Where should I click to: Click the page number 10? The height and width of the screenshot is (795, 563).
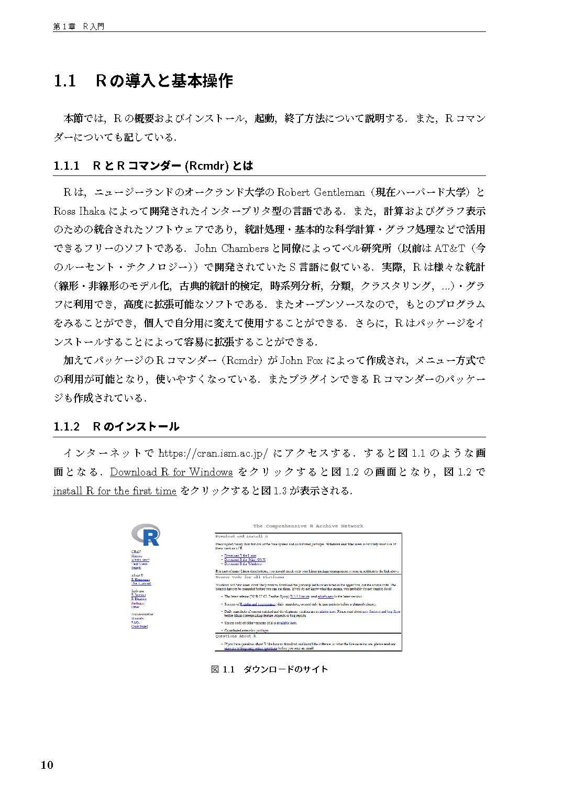click(x=47, y=765)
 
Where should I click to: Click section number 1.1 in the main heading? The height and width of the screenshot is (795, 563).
click(x=65, y=81)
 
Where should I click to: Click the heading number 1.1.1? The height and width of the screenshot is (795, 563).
click(x=66, y=166)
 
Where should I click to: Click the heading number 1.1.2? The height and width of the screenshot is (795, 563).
click(x=66, y=426)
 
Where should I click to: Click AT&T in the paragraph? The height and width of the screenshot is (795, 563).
click(x=450, y=248)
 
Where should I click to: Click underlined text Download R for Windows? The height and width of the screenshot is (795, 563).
click(x=171, y=472)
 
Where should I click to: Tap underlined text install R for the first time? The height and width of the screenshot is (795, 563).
click(x=115, y=491)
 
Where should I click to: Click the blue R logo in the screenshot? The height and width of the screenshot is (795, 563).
click(x=146, y=534)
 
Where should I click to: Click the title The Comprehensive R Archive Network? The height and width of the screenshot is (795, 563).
click(x=308, y=526)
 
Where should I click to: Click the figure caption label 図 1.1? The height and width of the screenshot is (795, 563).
click(x=222, y=669)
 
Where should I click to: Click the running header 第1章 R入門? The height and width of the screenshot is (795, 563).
click(x=79, y=27)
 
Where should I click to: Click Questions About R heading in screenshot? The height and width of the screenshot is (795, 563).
click(x=236, y=636)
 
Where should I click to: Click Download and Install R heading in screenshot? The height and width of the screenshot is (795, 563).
click(x=241, y=536)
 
